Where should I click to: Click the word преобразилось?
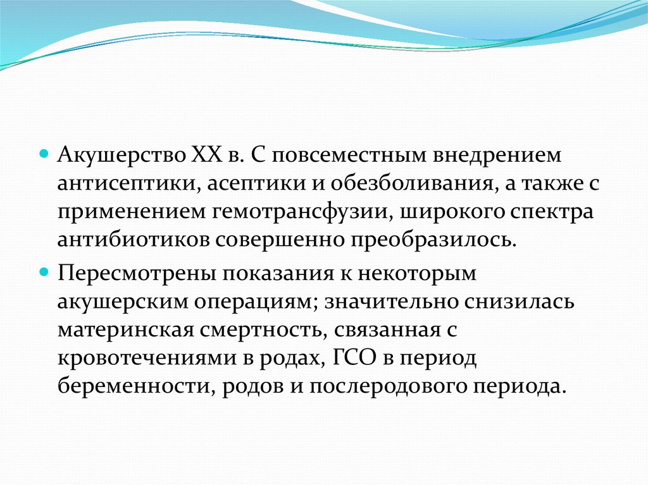point(433,240)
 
